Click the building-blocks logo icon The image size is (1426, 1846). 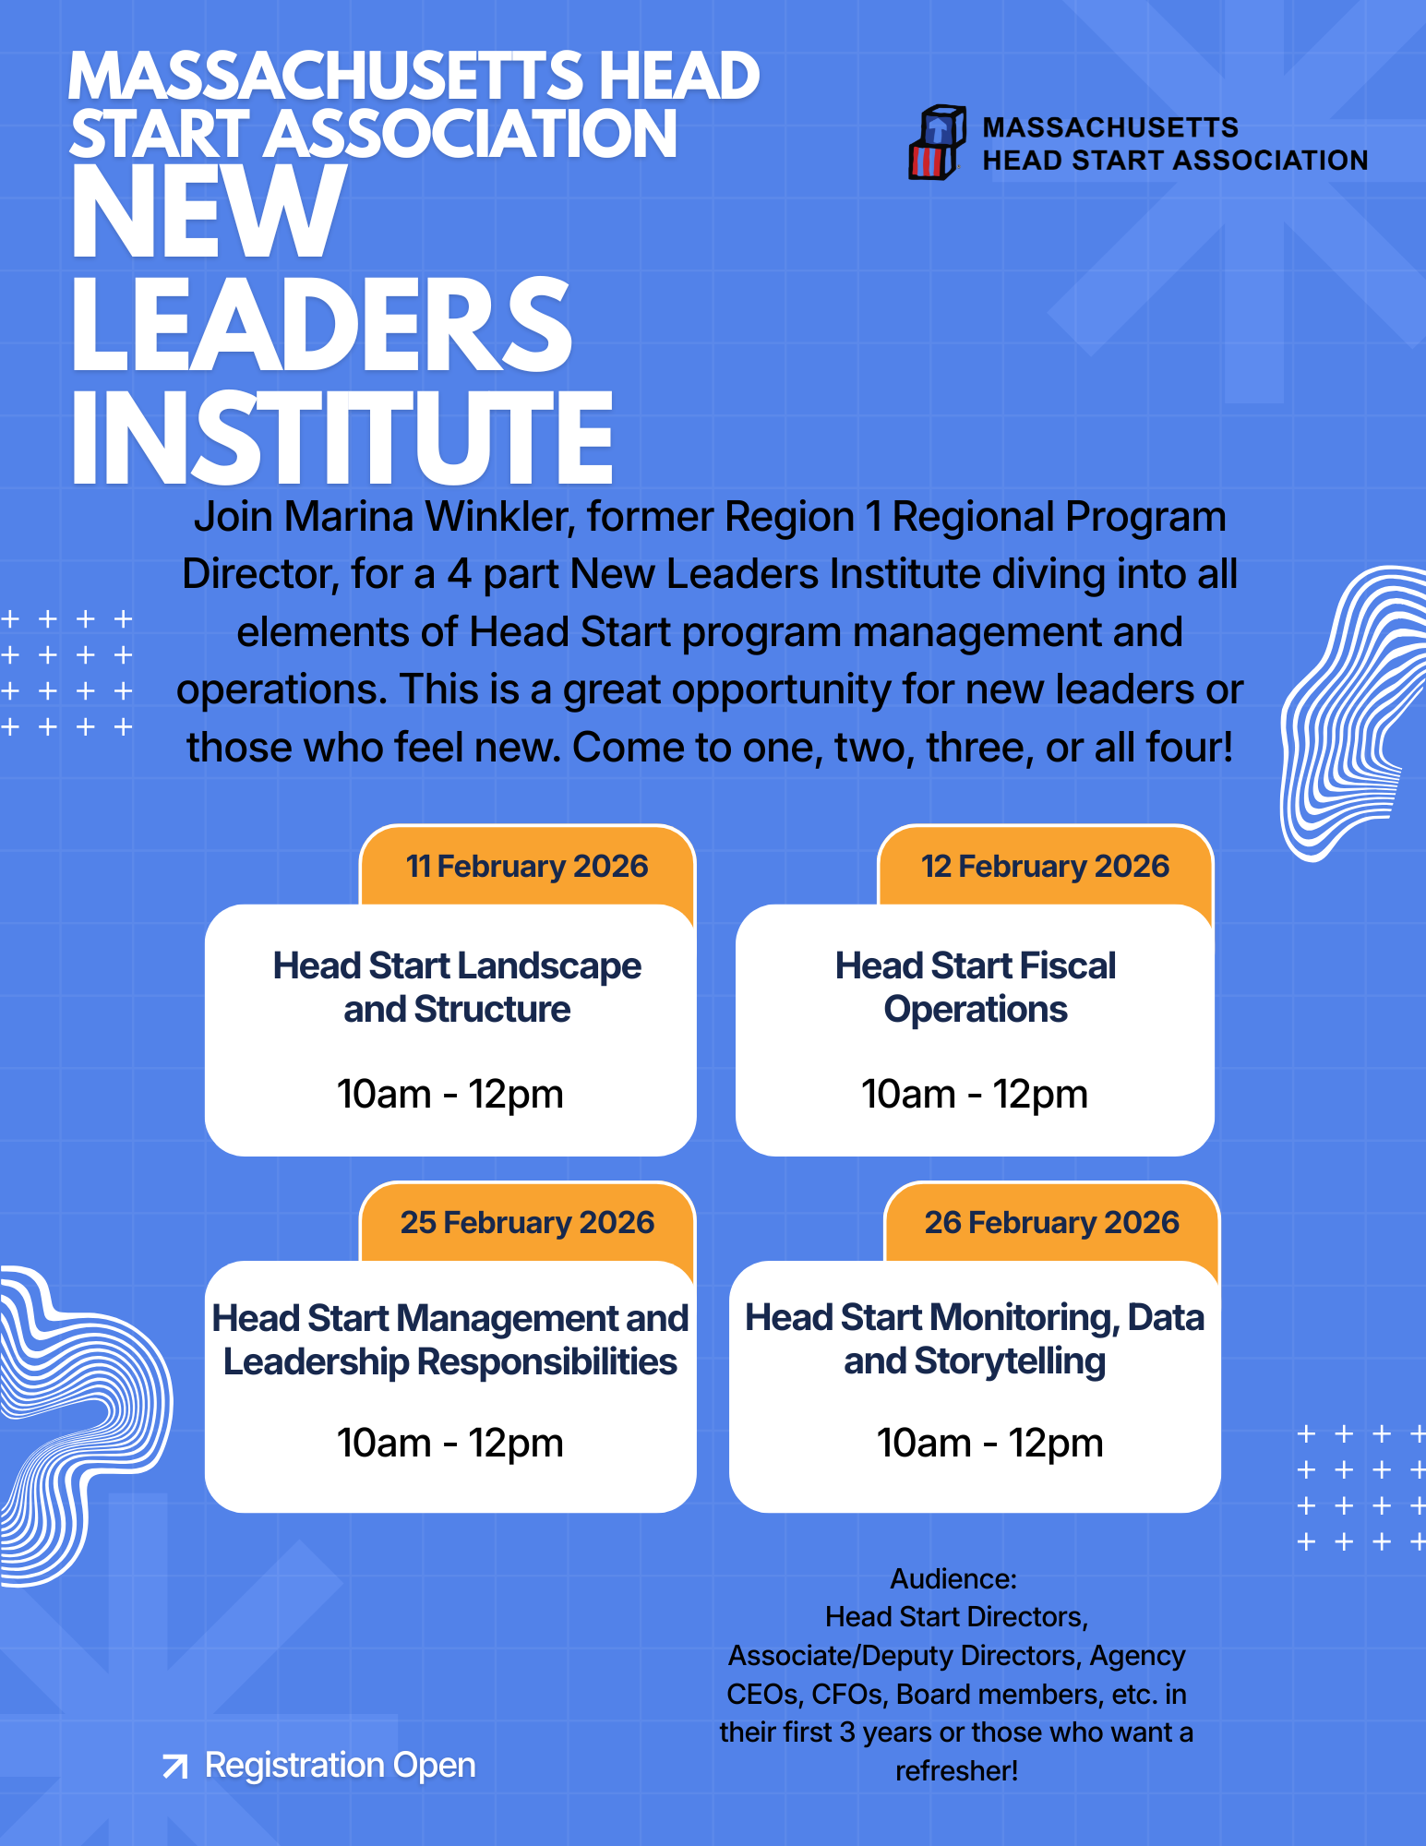point(937,142)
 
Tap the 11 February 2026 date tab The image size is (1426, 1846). point(527,866)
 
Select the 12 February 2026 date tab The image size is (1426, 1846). point(1045,866)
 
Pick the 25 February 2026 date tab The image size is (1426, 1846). point(527,1222)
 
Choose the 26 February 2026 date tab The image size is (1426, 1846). point(1051,1222)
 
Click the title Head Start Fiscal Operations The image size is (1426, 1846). point(975,988)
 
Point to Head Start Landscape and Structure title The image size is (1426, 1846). point(457,988)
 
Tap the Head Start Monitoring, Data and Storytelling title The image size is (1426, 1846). point(975,1339)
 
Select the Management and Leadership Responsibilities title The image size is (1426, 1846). point(450,1340)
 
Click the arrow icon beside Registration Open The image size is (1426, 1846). point(174,1767)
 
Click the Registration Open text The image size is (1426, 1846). point(340,1766)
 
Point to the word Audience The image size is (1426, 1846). point(953,1579)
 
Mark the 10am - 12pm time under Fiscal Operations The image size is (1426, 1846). point(974,1095)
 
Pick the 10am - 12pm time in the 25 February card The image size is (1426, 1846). point(449,1444)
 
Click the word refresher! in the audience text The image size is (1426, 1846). point(956,1771)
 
